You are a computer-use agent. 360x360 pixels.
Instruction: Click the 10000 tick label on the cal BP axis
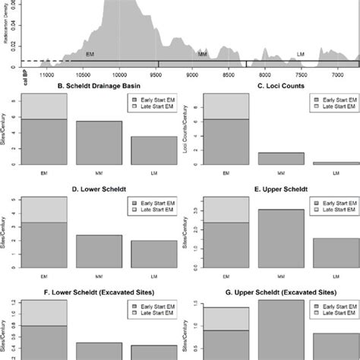tap(119, 76)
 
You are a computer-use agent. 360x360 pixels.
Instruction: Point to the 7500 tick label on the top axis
tap(301, 76)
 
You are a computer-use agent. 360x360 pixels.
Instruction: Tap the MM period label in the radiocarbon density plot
tap(202, 55)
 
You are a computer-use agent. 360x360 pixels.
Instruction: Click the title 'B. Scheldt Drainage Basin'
tap(99, 87)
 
